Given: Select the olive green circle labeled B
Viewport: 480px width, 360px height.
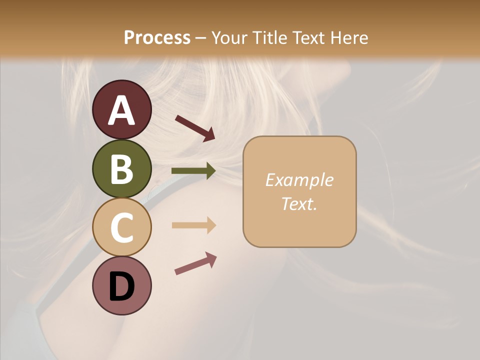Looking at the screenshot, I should tap(122, 168).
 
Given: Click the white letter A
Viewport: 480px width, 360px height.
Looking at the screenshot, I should tap(122, 110).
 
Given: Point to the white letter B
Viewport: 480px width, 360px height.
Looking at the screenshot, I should tap(122, 169).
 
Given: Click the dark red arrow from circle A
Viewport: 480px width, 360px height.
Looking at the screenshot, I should tap(195, 128).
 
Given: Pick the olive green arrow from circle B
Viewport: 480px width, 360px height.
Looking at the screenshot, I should tap(193, 171).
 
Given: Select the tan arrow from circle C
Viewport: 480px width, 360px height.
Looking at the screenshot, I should tap(193, 225).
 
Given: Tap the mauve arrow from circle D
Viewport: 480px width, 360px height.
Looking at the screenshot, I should tap(195, 263).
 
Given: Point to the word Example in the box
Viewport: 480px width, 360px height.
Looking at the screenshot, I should tap(299, 180).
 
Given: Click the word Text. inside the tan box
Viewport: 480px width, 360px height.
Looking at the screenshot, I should tap(299, 204).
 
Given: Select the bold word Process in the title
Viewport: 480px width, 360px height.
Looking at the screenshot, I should tap(157, 37).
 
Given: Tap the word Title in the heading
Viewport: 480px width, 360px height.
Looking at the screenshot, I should tap(270, 37).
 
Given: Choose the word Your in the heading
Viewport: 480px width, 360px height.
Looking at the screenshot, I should tap(230, 37).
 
